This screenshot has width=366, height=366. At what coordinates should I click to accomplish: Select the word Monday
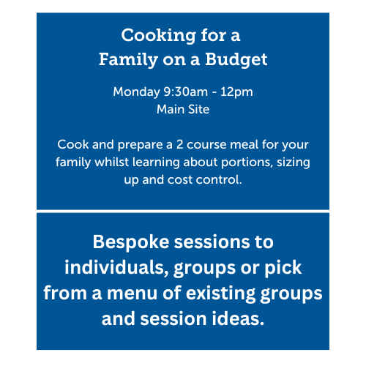pyautogui.click(x=136, y=93)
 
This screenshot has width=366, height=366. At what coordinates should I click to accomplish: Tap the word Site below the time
pyautogui.click(x=198, y=110)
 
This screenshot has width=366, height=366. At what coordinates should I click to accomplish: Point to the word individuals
pyautogui.click(x=119, y=268)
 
